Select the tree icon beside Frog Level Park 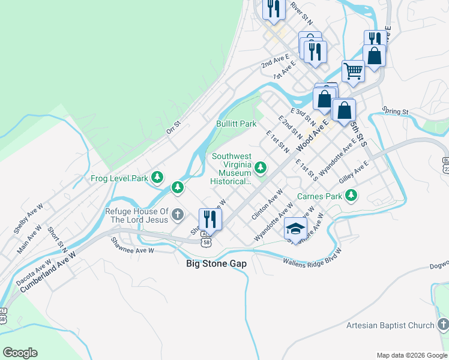[157, 177]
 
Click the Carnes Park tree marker [351, 195]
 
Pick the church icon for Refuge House [177, 214]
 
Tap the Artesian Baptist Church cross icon [443, 325]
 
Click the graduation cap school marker [295, 228]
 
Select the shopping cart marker [354, 71]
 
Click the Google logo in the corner [20, 353]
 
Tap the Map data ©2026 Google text [411, 355]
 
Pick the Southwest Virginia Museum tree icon [261, 167]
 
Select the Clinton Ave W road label [267, 205]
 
